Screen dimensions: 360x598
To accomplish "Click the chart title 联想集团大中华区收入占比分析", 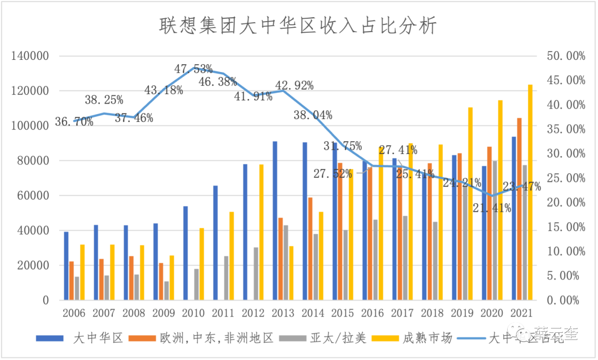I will tap(298, 25).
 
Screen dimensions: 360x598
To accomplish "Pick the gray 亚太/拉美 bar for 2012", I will tap(256, 274).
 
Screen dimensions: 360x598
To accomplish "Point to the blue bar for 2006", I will tap(66, 266).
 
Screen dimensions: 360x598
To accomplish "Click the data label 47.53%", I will tap(193, 69).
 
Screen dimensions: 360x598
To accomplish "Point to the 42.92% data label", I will tap(295, 85).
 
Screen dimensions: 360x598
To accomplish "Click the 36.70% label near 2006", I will tap(74, 122).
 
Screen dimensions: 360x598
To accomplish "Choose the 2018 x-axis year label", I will tap(432, 313).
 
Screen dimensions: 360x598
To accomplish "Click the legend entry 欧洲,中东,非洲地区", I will tap(216, 338).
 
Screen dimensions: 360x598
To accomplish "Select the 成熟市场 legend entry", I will tap(430, 338).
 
